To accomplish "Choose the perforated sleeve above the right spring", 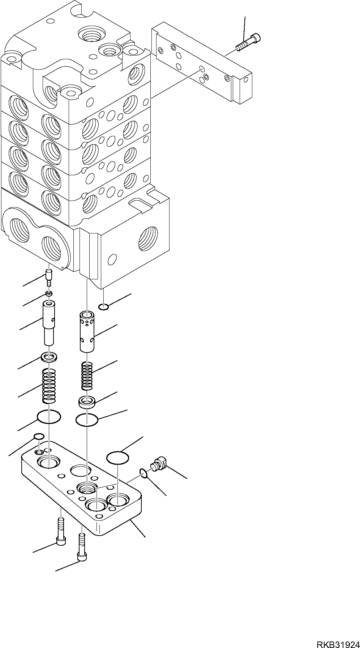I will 87,331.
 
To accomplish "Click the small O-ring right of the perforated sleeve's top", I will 103,307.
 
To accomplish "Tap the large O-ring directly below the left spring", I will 49,417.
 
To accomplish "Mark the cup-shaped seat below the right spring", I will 86,402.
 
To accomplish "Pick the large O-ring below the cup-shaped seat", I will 87,420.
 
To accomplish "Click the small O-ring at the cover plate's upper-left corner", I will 39,437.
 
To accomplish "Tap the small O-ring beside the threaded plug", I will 143,473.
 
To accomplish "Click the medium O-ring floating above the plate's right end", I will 118,457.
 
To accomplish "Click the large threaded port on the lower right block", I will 148,239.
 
